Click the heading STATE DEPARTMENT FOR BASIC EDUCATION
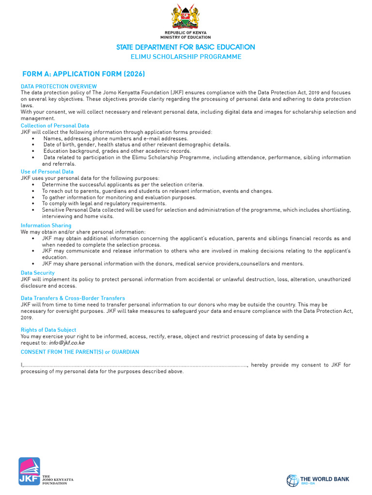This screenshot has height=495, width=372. click(x=186, y=47)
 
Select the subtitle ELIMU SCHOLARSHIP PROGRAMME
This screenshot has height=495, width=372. click(x=186, y=57)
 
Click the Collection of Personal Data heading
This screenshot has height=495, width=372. click(x=55, y=126)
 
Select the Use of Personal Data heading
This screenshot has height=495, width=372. click(x=47, y=172)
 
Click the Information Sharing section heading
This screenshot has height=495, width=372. click(x=46, y=226)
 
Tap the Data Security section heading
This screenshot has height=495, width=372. click(x=38, y=273)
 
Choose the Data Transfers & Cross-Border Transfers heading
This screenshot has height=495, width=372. click(x=73, y=298)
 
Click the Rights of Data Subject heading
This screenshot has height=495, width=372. click(x=48, y=330)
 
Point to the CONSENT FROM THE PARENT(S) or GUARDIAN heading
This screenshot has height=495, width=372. click(x=80, y=352)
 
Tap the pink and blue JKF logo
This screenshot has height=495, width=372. click(x=29, y=471)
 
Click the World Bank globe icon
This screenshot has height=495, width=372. click(x=292, y=480)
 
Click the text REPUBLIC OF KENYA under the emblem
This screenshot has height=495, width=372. click(x=186, y=33)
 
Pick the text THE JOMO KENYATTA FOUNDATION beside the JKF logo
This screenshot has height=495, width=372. click(x=58, y=479)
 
